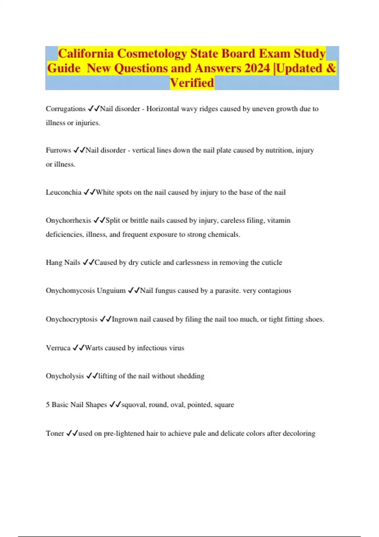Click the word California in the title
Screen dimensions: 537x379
pos(86,54)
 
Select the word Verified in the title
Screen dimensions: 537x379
pos(192,83)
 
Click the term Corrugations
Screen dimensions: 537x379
pos(65,109)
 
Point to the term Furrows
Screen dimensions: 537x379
pos(58,150)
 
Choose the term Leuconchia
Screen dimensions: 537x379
pos(63,192)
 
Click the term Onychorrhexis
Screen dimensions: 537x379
pos(68,220)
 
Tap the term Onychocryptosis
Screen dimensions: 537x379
pos(71,319)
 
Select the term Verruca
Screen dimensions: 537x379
pos(58,348)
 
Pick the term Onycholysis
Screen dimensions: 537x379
pos(65,376)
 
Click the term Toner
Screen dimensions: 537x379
pos(55,433)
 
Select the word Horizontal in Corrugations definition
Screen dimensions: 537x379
pos(162,109)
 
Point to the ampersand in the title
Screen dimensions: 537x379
pos(331,68)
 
